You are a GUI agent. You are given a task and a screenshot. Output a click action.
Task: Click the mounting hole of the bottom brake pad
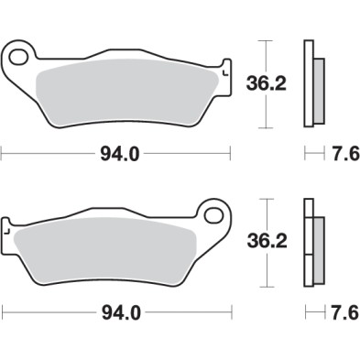coord(215,216)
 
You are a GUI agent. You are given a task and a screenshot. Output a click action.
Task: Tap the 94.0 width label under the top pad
coord(121,154)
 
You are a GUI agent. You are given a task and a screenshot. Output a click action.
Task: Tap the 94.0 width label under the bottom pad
coord(121,312)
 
